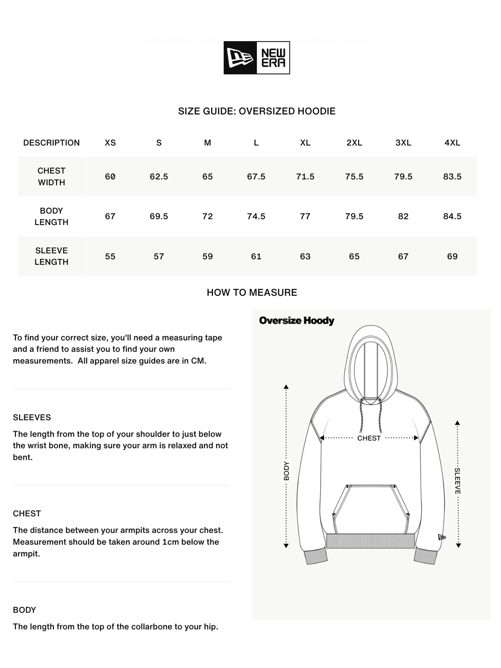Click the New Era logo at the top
click(257, 57)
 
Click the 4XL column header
click(452, 143)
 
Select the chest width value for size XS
click(110, 177)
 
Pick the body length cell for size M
click(207, 216)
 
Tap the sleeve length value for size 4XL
click(452, 257)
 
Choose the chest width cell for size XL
click(305, 177)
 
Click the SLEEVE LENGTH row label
click(51, 256)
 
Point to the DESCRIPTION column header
click(51, 143)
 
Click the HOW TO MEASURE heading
click(252, 293)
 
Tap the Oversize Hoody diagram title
click(297, 321)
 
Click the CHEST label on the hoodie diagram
click(369, 438)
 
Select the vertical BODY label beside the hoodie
click(286, 471)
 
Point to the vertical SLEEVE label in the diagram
click(458, 481)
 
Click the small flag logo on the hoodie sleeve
click(442, 537)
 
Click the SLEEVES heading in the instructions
click(32, 417)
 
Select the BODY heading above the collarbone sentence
click(24, 610)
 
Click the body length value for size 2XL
click(354, 216)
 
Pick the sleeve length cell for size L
click(256, 257)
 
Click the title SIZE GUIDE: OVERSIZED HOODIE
click(257, 111)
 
